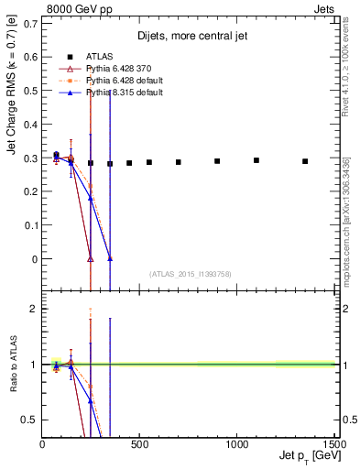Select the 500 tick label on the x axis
[x=140, y=443]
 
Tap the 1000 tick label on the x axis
[x=236, y=443]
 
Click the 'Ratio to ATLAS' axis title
[x=12, y=364]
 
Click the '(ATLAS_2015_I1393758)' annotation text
[x=189, y=274]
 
